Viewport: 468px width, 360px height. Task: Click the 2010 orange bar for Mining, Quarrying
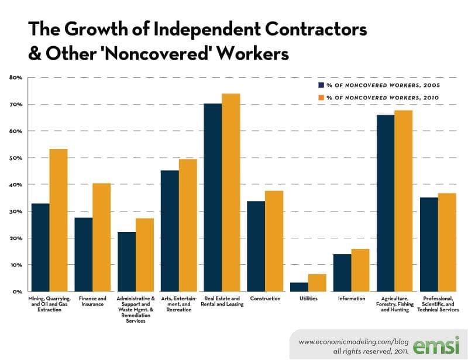coord(58,220)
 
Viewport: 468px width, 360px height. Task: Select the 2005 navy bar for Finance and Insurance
coord(83,254)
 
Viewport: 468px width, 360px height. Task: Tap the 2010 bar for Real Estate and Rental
coord(230,192)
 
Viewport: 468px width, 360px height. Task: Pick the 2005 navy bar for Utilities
coord(299,287)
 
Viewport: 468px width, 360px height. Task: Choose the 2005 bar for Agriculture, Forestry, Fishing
coord(386,203)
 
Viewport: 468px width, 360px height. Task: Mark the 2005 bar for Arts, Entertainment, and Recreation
coord(170,231)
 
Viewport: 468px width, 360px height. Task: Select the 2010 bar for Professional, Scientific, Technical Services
coord(447,242)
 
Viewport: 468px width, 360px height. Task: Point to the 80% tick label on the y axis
coord(16,78)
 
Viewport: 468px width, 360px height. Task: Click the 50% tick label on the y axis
coord(16,158)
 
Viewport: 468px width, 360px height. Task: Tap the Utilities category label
coord(308,299)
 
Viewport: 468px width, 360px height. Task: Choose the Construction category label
coord(265,299)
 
